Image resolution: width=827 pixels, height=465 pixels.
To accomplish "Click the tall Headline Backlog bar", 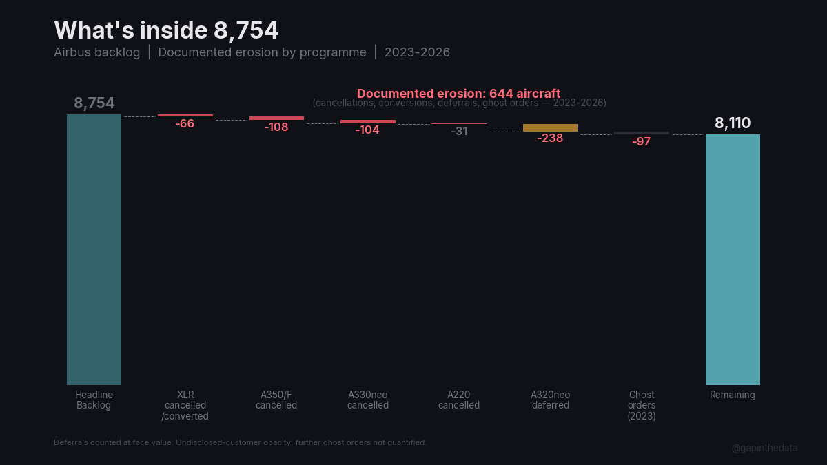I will click(94, 249).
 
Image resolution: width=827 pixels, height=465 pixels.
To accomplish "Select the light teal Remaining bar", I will click(733, 259).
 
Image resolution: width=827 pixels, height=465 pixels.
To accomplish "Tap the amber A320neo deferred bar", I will click(550, 127).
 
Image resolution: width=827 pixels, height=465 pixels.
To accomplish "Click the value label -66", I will click(185, 124).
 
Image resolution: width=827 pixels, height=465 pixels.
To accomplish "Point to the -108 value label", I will click(276, 127).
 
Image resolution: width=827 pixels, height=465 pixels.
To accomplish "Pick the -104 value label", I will click(367, 130).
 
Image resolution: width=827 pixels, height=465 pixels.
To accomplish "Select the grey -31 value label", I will click(459, 131).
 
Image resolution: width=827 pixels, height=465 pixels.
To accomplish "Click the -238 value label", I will click(550, 138).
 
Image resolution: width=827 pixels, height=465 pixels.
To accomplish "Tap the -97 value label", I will click(641, 141).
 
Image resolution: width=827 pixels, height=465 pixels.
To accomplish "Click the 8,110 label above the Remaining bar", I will click(733, 123).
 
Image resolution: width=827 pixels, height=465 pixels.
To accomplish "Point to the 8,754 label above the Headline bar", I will click(94, 103).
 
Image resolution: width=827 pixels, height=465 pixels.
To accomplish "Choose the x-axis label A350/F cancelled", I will click(276, 400).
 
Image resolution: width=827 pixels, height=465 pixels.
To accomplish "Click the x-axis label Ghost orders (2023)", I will click(642, 405).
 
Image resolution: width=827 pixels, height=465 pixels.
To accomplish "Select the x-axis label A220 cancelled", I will click(459, 400).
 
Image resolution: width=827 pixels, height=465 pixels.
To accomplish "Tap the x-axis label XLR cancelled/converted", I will click(185, 405).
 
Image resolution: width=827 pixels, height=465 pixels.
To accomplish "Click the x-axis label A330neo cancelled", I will click(367, 400).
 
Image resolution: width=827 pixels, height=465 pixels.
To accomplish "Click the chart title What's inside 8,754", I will click(166, 31).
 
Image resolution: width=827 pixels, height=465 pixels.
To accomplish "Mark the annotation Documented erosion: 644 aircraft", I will click(458, 94).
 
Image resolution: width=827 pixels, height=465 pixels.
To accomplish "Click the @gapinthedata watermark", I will click(764, 448).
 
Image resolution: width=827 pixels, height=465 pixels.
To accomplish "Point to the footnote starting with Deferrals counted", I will click(240, 442).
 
